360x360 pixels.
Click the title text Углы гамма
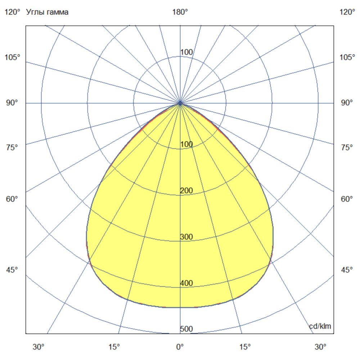tap(48, 12)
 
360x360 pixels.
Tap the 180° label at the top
tap(180, 12)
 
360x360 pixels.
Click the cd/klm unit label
tap(320, 326)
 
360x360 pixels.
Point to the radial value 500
tap(186, 329)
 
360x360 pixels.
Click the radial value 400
tap(186, 283)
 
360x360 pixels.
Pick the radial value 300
tap(186, 237)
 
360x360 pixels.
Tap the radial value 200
tap(186, 191)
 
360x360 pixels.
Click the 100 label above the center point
tap(186, 53)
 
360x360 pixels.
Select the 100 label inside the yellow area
tap(186, 145)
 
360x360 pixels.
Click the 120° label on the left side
tap(12, 12)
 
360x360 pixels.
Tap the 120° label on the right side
tap(347, 12)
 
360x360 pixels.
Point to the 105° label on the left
tap(12, 58)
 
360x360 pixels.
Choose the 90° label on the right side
tap(347, 103)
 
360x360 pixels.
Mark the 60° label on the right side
tap(347, 199)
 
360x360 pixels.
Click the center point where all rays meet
tap(180, 103)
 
